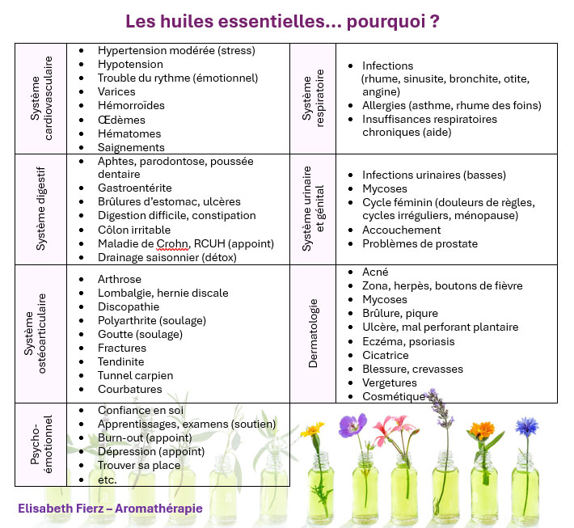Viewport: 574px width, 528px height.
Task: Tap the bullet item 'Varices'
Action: pyautogui.click(x=116, y=92)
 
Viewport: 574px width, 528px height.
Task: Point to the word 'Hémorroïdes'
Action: pyautogui.click(x=131, y=106)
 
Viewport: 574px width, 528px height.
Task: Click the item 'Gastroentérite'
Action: pyautogui.click(x=135, y=188)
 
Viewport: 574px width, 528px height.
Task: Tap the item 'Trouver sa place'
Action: pyautogui.click(x=139, y=466)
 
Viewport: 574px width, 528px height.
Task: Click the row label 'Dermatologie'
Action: pyautogui.click(x=314, y=333)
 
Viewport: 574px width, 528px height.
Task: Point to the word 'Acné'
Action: pyautogui.click(x=375, y=272)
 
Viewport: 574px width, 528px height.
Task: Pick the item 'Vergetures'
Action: pyautogui.click(x=390, y=382)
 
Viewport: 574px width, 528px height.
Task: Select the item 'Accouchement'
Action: pyautogui.click(x=401, y=230)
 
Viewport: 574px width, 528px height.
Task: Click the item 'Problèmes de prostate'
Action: pyautogui.click(x=420, y=243)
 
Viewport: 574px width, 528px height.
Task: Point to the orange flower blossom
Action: pyautogui.click(x=483, y=430)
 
